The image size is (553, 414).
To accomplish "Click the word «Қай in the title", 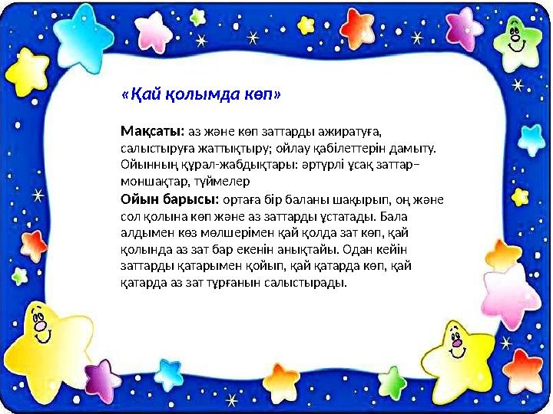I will click(x=137, y=95).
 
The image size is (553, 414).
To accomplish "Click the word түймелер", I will click(x=222, y=181).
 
